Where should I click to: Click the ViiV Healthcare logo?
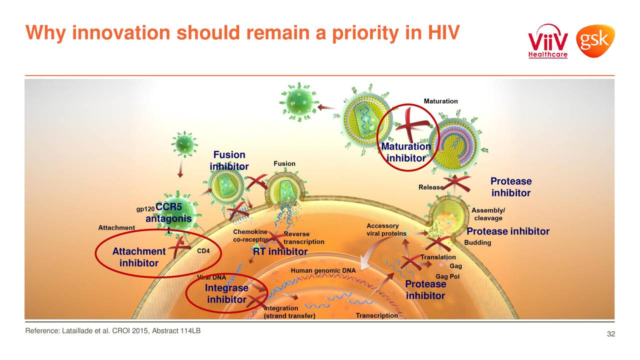pos(548,41)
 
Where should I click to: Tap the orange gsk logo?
pos(595,41)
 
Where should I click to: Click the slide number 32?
pos(610,334)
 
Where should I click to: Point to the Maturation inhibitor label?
pos(405,152)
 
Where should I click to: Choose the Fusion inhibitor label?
pos(229,160)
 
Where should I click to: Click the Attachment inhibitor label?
pos(138,257)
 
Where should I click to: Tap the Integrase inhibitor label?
pos(226,294)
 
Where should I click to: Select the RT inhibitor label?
pos(280,252)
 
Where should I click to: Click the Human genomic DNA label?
pos(323,270)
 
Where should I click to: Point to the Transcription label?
pos(377,315)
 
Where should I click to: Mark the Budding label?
pos(477,242)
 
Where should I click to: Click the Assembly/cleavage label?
pos(488,214)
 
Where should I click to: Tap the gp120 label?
pos(145,209)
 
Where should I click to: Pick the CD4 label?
pos(203,251)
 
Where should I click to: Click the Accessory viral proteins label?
pos(382,229)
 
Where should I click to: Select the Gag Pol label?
pos(447,276)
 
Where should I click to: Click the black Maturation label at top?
pos(440,101)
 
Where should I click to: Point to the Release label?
pos(430,187)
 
